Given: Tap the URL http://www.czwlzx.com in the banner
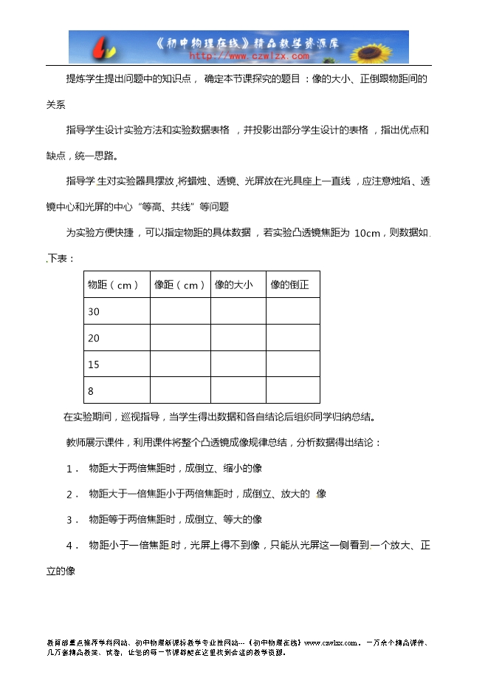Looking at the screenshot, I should [249, 55].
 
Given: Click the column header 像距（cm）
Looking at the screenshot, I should [179, 285].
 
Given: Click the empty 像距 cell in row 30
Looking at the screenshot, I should [179, 311].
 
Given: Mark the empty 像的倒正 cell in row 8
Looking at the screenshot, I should [292, 390].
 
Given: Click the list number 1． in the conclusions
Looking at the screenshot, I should [72, 469].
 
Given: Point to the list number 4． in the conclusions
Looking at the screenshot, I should [72, 546].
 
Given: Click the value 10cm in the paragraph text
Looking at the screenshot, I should [367, 234].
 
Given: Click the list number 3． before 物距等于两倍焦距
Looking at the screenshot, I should [72, 520].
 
